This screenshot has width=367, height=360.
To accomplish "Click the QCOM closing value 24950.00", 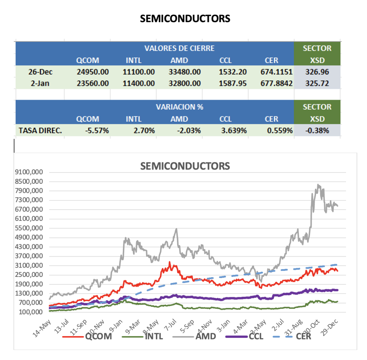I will [x=92, y=71].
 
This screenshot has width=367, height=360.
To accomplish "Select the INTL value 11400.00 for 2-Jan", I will [x=139, y=83].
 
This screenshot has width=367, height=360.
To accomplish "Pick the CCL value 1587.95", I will [x=233, y=83].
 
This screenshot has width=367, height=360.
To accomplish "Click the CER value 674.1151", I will [x=276, y=71].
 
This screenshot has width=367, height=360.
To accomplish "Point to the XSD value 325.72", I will [x=317, y=83].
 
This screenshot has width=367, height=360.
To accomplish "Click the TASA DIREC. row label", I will [x=40, y=131].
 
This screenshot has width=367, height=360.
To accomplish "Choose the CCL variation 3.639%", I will [x=235, y=131].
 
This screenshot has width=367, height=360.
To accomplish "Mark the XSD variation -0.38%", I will [x=317, y=131].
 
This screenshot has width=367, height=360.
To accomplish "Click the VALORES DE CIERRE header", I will [x=179, y=48].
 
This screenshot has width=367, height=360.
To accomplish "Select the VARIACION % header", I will [x=179, y=107].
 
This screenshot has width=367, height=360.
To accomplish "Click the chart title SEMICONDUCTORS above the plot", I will [x=185, y=166].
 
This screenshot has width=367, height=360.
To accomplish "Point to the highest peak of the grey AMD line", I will [x=318, y=184].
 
